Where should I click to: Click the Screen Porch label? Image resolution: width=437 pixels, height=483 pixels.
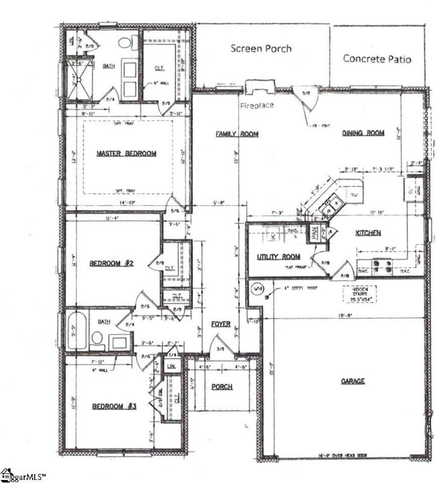[x=261, y=48]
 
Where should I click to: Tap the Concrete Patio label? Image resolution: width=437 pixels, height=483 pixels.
[x=377, y=59]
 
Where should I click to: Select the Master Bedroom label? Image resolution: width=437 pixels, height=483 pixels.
[x=127, y=153]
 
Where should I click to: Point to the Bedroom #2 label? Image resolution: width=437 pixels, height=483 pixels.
[x=111, y=263]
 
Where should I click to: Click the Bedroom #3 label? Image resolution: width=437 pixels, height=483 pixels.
[x=114, y=406]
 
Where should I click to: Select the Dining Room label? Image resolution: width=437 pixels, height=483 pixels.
[x=363, y=133]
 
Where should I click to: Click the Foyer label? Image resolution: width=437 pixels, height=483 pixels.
[x=221, y=324]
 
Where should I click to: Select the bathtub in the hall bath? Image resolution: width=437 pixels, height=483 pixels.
[x=76, y=331]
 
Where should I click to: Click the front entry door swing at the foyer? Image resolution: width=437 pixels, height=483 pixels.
[x=218, y=347]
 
